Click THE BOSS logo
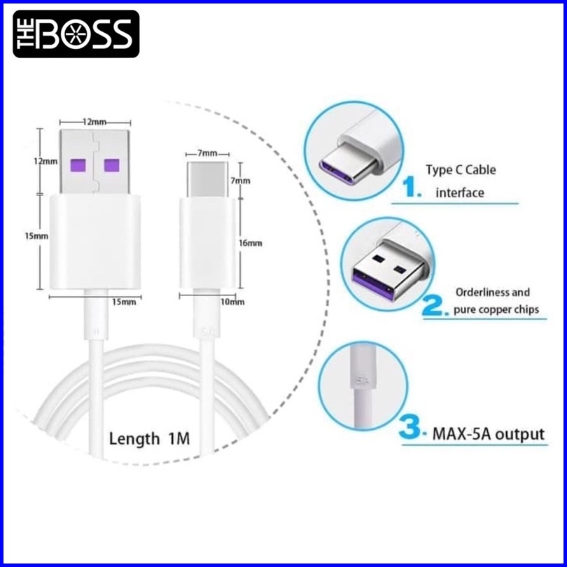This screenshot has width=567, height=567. (x=76, y=33)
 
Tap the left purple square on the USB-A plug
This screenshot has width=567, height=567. (x=77, y=165)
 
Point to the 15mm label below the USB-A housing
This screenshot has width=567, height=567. (x=123, y=302)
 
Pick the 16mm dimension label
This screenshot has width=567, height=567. (x=251, y=243)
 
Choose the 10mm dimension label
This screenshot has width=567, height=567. (x=233, y=302)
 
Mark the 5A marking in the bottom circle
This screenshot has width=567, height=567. (x=362, y=381)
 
